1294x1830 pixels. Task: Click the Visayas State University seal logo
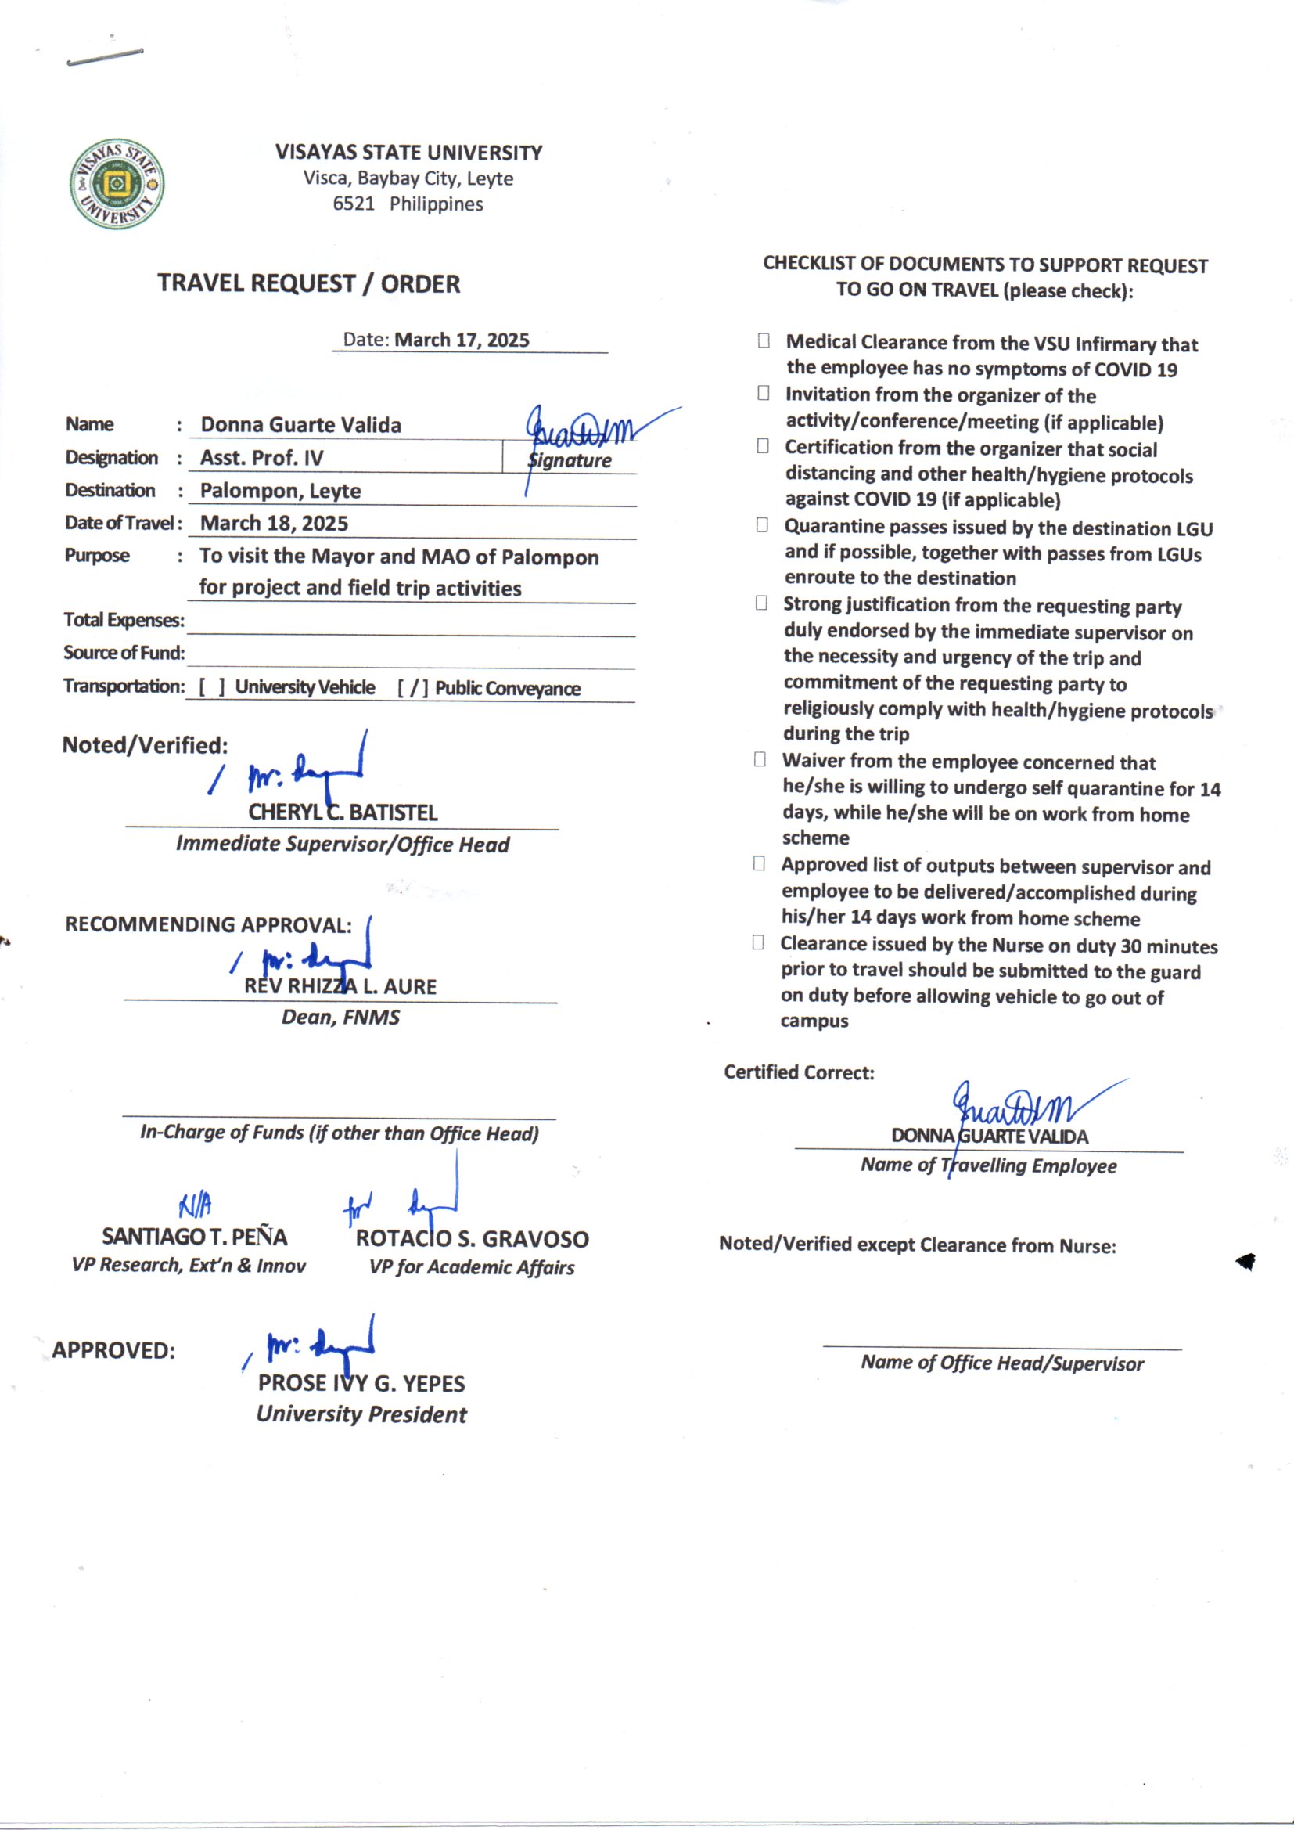(x=117, y=183)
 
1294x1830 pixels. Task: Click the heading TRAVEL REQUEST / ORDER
(x=308, y=284)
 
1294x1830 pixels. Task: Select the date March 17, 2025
(x=462, y=340)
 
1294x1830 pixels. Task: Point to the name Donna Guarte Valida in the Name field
(x=300, y=425)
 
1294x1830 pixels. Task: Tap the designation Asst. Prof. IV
(x=261, y=457)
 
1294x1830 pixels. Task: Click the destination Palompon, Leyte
(x=281, y=490)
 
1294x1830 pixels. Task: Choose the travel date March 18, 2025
(x=274, y=523)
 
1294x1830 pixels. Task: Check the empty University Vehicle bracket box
(x=211, y=687)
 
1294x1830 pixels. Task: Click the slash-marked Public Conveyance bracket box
(x=413, y=688)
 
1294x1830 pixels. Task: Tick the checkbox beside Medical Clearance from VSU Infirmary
(x=764, y=341)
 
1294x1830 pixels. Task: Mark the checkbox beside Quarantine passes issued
(x=763, y=525)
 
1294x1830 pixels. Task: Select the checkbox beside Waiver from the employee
(x=760, y=759)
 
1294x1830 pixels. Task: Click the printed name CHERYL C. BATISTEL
(x=343, y=813)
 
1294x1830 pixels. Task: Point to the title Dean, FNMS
(x=340, y=1017)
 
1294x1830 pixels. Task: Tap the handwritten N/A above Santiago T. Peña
(x=196, y=1206)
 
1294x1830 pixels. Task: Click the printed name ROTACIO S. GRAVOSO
(x=472, y=1238)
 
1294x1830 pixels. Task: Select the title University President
(x=361, y=1414)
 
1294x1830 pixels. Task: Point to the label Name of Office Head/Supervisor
(x=1001, y=1363)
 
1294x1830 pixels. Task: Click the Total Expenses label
(x=124, y=620)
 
